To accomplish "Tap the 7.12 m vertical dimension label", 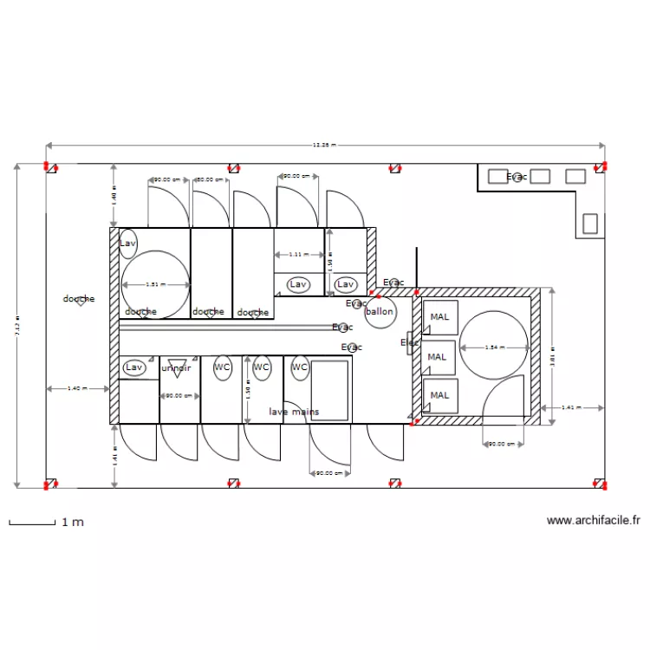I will [16, 327].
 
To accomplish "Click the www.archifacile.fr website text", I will [594, 521].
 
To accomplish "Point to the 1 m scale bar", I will [32, 522].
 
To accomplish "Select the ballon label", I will [380, 311].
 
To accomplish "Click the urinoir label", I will [176, 367].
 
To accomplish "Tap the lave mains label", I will [293, 412].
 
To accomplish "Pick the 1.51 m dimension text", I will [153, 284].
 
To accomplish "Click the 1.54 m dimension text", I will [492, 348].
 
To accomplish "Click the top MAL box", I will [439, 317].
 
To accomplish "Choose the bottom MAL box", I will [439, 395].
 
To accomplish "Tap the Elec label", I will [409, 343].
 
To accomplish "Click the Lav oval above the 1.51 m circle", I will [128, 244].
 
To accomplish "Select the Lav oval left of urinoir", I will [133, 367].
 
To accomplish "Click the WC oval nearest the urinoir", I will [223, 367].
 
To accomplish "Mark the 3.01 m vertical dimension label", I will [553, 357].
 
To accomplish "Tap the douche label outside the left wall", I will [79, 299].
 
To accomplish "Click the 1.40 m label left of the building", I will [77, 388].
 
